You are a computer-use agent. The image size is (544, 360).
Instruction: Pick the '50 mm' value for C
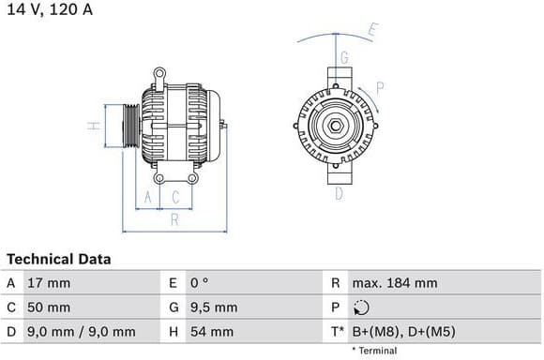tap(51, 307)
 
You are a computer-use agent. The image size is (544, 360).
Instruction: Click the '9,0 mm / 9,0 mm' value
tap(83, 332)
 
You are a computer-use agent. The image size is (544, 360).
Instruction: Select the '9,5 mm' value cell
tap(214, 307)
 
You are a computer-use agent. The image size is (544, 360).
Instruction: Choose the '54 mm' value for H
tap(213, 332)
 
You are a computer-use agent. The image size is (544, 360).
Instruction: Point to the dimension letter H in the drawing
tap(93, 125)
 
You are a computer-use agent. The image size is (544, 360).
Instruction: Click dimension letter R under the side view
tap(174, 220)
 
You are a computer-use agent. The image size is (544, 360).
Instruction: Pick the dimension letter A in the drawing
tap(145, 197)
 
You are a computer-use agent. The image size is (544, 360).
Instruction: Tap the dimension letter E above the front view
tap(372, 29)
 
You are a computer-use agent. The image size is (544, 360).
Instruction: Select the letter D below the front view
tap(338, 194)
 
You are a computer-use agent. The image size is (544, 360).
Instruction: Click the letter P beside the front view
tap(380, 89)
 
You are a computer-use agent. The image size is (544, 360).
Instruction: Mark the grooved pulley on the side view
tap(131, 125)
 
